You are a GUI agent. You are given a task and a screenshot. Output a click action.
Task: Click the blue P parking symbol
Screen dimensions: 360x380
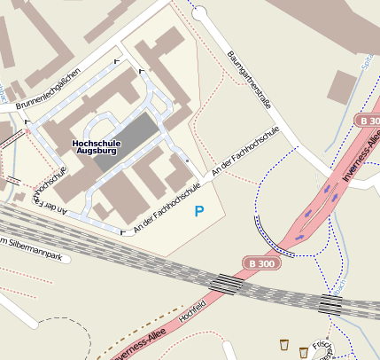199,211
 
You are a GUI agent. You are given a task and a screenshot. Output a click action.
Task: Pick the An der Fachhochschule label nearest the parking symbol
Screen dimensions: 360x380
163,214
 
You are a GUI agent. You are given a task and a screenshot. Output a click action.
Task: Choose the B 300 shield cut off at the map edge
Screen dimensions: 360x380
368,120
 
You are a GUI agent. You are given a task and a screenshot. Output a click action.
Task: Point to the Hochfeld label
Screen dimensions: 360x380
192,315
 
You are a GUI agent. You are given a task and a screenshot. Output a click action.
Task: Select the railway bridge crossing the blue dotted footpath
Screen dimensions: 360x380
330,304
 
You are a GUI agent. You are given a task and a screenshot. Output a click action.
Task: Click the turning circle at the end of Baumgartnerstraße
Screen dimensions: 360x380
198,12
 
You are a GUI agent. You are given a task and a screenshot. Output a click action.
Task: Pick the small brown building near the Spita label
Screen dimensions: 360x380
342,87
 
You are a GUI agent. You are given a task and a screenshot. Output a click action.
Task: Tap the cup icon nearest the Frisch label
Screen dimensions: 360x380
304,352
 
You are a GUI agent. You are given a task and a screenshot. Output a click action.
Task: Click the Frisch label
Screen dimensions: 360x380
322,348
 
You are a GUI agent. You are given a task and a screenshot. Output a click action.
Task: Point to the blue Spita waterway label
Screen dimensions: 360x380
367,63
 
